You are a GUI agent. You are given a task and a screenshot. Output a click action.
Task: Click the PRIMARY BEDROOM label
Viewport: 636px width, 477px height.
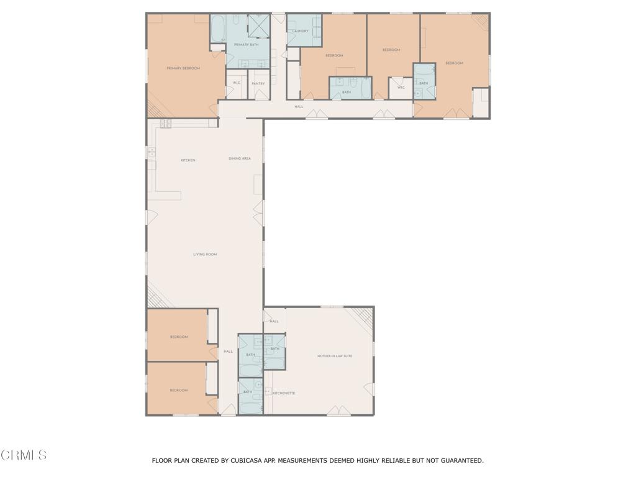click(183, 68)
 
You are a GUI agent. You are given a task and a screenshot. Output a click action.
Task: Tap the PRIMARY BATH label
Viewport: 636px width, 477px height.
click(246, 45)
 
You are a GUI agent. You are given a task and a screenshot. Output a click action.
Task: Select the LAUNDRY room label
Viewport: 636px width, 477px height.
click(301, 31)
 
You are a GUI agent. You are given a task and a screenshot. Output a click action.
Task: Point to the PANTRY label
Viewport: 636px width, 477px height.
click(258, 83)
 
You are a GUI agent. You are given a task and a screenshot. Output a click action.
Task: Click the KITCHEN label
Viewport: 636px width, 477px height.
click(188, 160)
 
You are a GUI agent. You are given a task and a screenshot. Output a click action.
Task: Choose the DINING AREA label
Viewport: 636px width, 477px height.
click(240, 158)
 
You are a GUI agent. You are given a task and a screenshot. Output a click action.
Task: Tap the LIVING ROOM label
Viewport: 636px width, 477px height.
click(205, 255)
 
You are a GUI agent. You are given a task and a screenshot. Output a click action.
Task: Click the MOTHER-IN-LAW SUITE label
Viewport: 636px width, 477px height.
click(335, 356)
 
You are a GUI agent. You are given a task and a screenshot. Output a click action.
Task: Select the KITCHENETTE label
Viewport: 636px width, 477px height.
click(284, 393)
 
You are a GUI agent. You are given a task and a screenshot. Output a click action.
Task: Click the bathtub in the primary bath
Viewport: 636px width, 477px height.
click(219, 29)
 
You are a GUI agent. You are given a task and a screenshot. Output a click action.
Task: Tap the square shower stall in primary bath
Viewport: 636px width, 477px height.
click(258, 25)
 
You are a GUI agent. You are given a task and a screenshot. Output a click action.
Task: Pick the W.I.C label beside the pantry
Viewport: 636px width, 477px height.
click(237, 83)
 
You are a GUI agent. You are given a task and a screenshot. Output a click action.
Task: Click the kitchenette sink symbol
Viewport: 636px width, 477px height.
click(268, 392)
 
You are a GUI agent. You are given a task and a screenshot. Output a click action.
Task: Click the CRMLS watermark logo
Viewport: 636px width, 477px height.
click(24, 455)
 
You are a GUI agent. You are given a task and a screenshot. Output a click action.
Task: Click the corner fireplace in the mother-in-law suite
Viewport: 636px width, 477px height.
click(361, 319)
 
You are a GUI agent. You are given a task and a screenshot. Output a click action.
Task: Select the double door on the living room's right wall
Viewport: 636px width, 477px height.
click(258, 214)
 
